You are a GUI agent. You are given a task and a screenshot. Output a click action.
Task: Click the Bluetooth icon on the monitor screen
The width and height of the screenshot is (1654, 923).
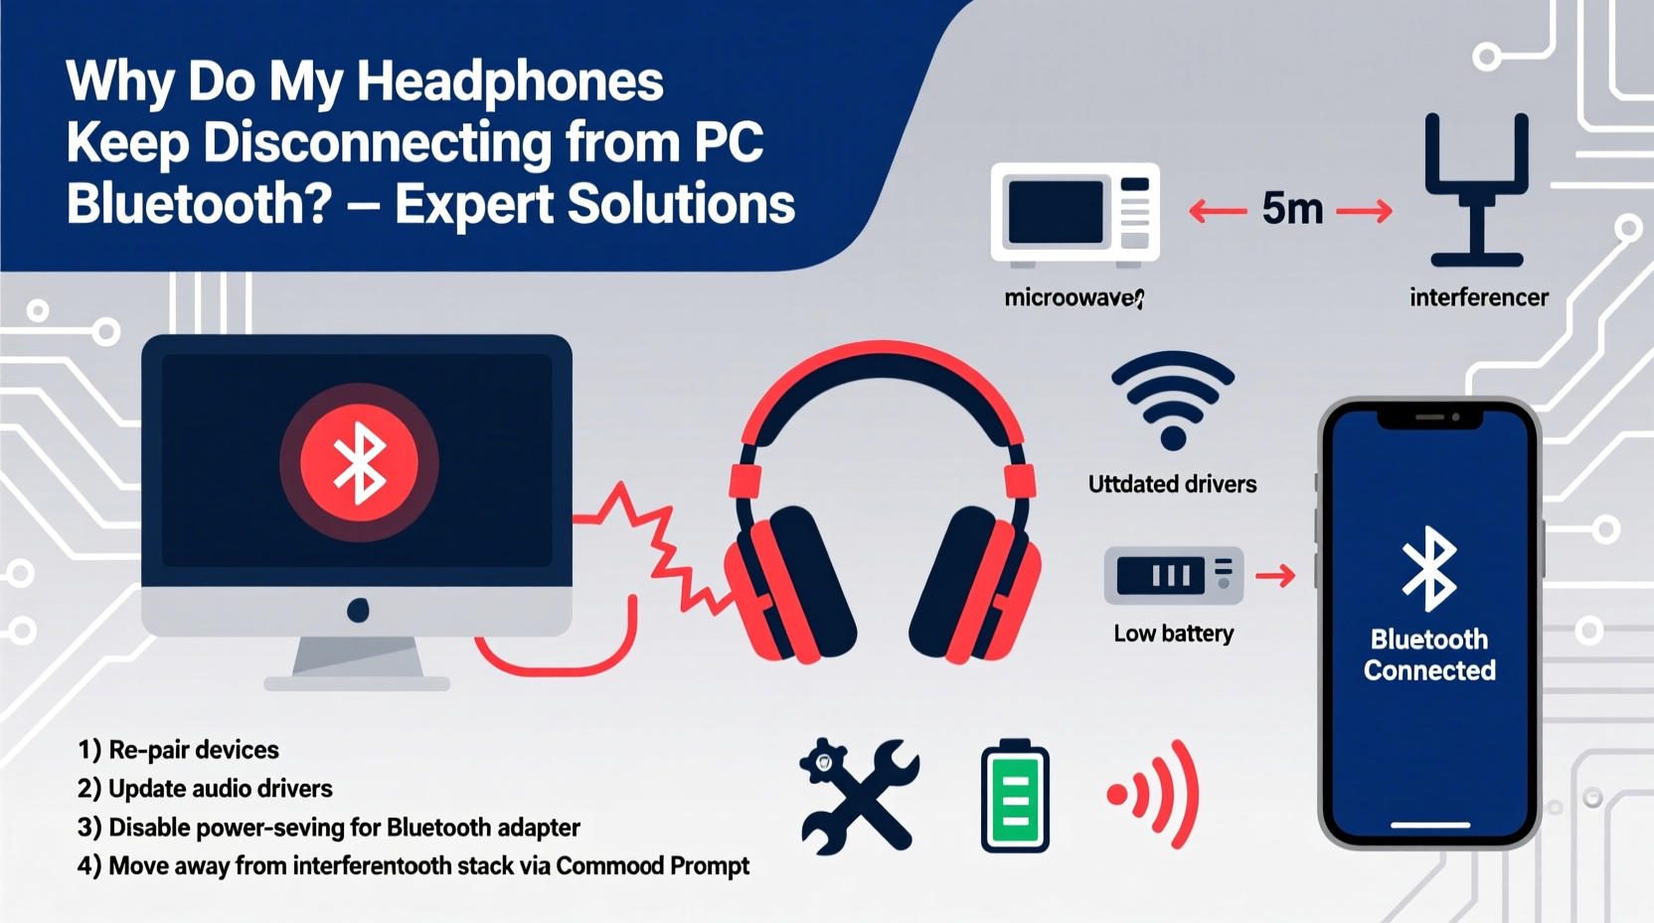(x=359, y=461)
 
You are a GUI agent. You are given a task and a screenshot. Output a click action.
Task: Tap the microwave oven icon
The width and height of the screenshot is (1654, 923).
(x=1075, y=213)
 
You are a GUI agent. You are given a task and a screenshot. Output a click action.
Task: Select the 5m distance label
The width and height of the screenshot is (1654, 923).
(x=1292, y=209)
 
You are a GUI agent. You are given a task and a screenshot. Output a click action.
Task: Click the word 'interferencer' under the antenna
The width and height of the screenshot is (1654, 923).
(x=1478, y=297)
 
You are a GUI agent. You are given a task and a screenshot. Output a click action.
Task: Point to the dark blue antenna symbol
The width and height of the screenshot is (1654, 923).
(x=1476, y=189)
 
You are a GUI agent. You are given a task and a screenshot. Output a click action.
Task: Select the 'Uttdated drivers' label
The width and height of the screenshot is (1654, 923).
(x=1172, y=484)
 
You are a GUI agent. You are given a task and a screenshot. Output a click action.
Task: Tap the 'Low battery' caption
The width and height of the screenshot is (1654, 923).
(x=1173, y=634)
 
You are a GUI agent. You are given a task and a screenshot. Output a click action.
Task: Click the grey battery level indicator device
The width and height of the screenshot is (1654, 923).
(x=1173, y=575)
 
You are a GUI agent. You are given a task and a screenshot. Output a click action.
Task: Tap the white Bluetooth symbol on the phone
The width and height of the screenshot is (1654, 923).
(x=1429, y=568)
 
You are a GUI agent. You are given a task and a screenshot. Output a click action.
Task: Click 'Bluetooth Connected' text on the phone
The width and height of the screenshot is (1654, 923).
(x=1429, y=654)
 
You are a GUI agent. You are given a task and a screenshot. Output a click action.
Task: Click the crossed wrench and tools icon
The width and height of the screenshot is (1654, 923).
(x=860, y=796)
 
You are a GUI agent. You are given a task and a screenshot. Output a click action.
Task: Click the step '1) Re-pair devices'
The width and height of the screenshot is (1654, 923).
(x=178, y=750)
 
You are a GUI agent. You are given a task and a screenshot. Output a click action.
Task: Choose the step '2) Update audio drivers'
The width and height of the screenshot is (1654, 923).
(x=205, y=789)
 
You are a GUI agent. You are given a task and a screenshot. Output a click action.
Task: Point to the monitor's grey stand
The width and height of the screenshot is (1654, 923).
(x=358, y=661)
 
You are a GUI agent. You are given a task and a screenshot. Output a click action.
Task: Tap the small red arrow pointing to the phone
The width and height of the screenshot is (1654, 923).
(x=1275, y=575)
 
